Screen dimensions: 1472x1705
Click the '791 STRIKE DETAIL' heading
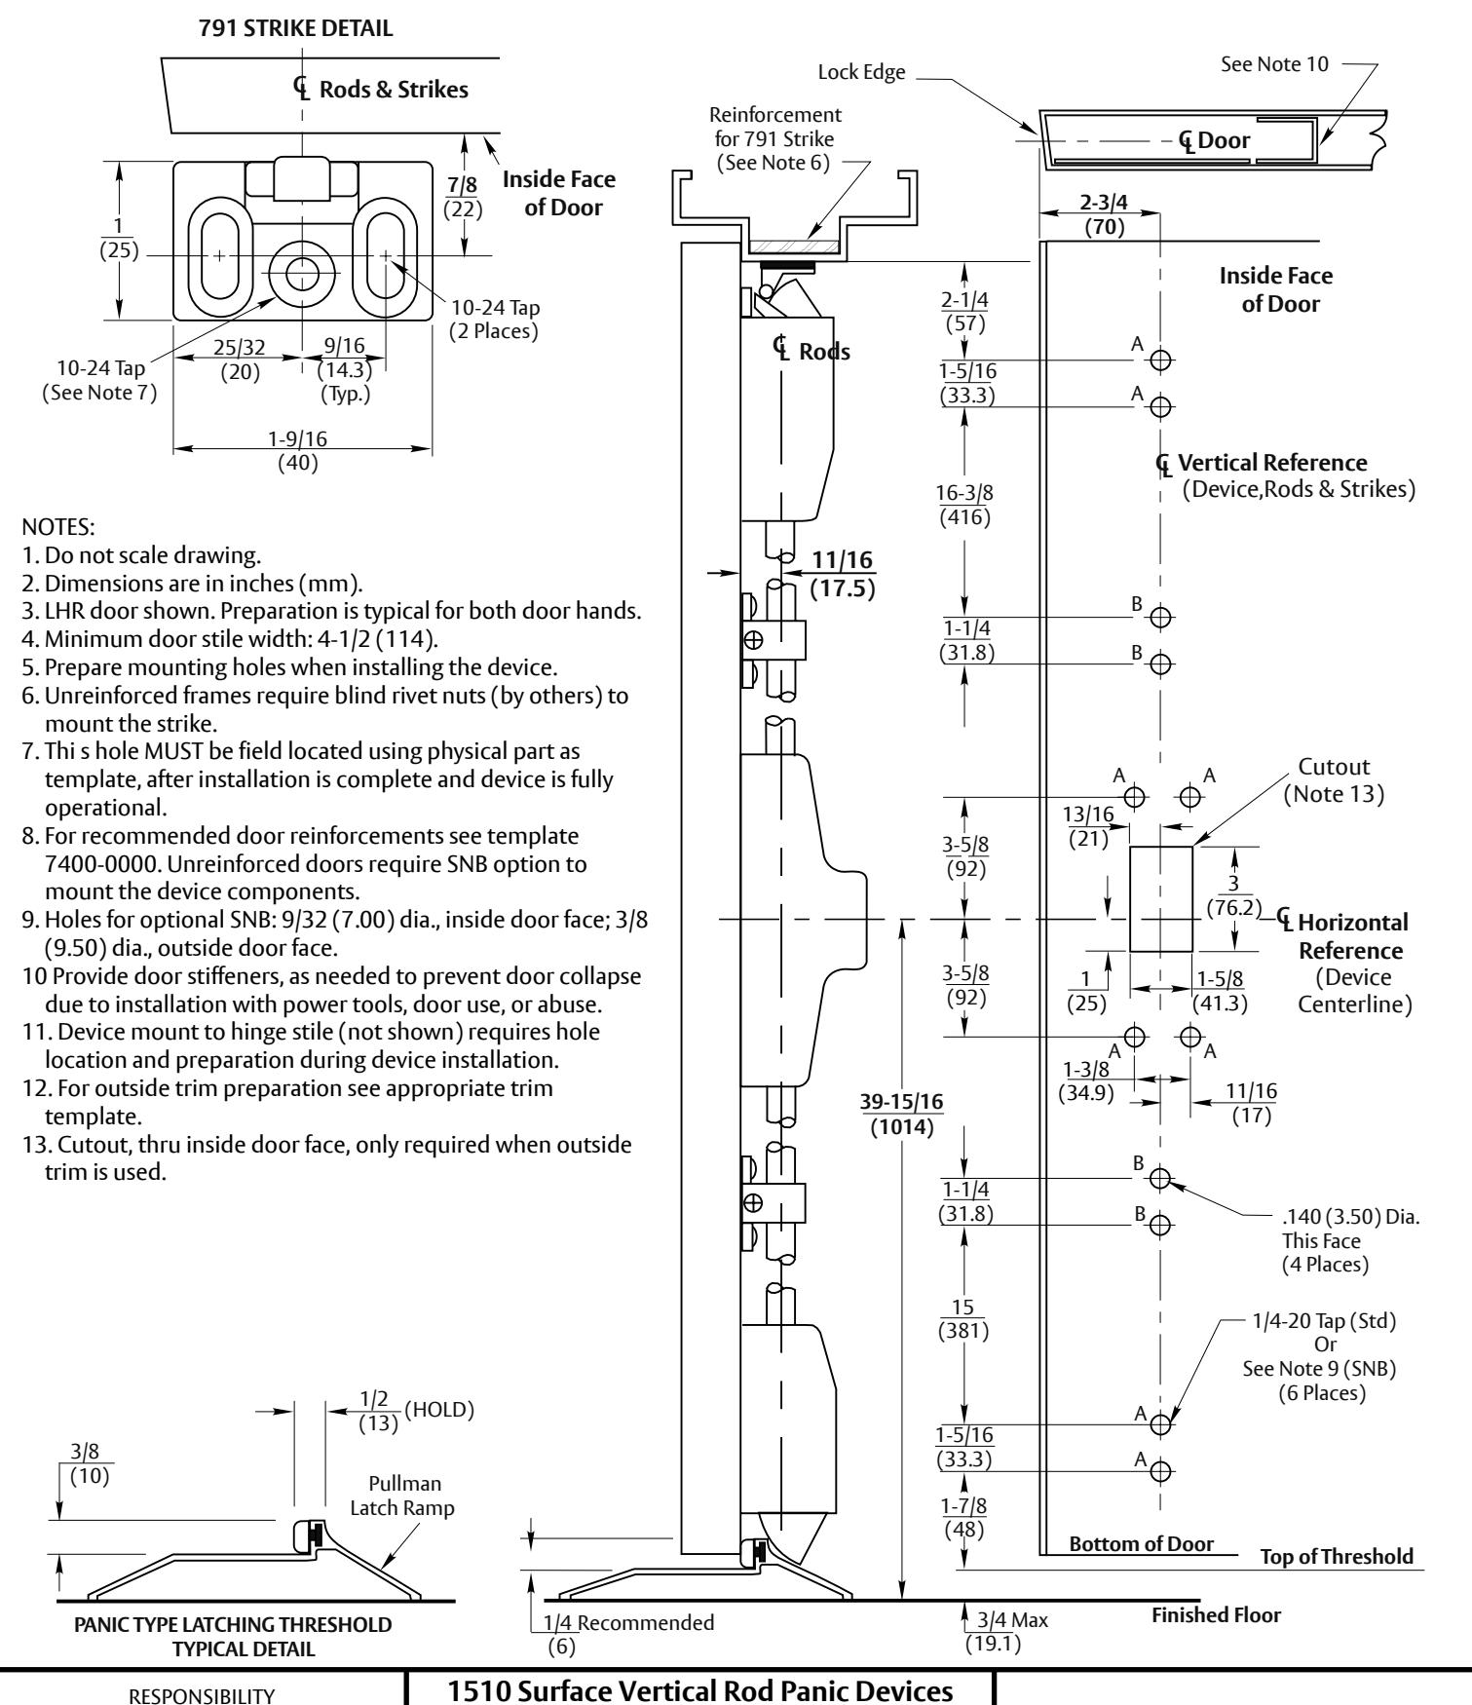(x=296, y=29)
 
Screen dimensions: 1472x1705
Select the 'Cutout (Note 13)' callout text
(x=1333, y=780)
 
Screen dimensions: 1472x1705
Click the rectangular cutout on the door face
(x=1161, y=898)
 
